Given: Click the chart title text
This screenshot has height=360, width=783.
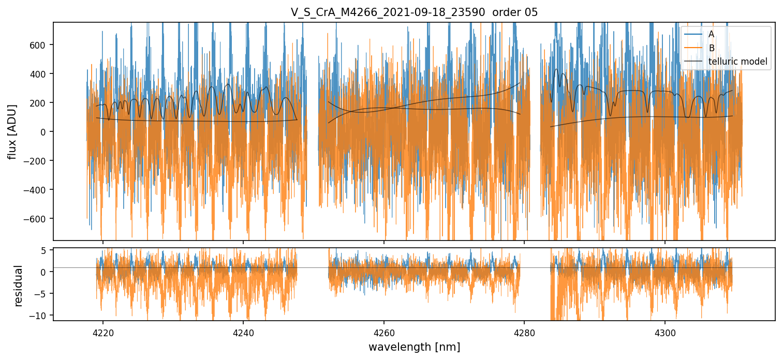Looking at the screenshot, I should tap(414, 12).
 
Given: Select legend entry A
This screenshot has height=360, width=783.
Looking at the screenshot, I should tap(711, 34).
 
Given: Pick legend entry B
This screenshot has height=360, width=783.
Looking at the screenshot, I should tap(711, 48).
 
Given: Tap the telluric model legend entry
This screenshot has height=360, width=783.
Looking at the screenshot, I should tap(737, 63).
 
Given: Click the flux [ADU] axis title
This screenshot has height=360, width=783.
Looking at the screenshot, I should tap(12, 131).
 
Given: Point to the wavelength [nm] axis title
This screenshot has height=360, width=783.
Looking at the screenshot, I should tap(414, 347).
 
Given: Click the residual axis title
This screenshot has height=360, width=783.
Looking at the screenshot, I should tap(19, 286).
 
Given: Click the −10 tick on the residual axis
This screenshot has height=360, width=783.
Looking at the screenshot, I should tap(40, 316).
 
